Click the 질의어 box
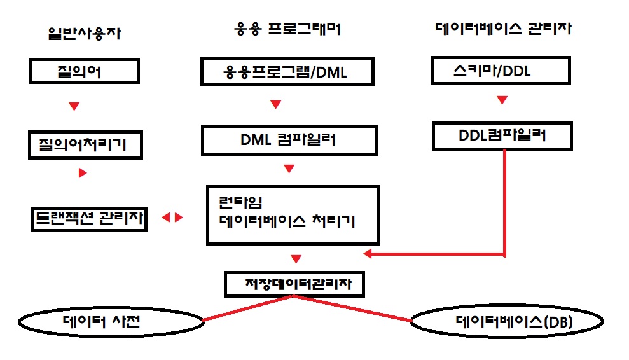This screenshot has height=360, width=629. coord(84,71)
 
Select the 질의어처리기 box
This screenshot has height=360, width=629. coord(86,145)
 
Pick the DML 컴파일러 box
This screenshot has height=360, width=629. coord(289,140)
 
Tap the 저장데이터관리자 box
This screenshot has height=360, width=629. coord(295,284)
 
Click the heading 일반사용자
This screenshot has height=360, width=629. coord(84,33)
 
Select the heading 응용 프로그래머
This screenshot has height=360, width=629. coord(287,29)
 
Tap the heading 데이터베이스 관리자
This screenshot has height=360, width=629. coord(503,29)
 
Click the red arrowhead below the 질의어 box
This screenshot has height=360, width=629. coord(74,106)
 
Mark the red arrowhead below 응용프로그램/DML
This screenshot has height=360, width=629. coord(275,104)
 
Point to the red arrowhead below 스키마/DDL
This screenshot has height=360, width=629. coord(502,100)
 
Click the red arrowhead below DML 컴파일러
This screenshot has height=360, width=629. coord(289,169)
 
